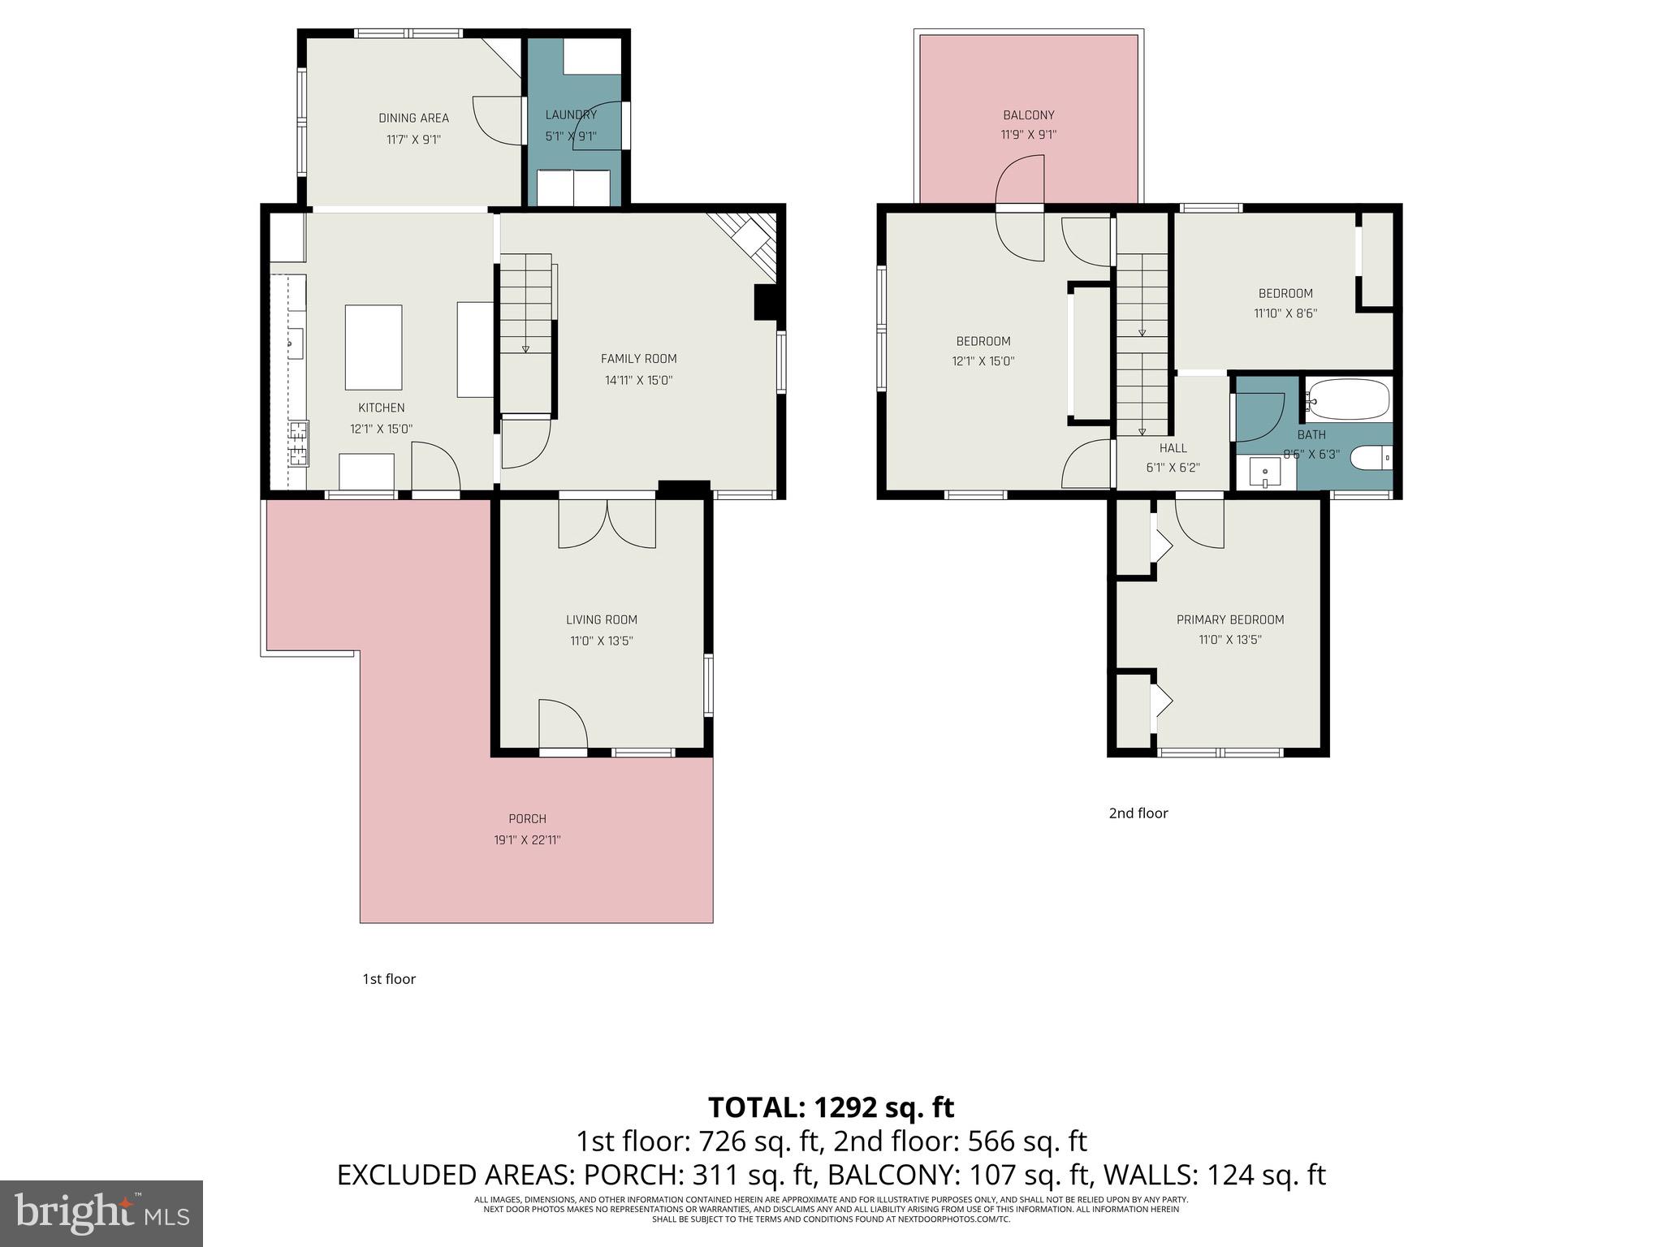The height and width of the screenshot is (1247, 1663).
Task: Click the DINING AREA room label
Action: [413, 119]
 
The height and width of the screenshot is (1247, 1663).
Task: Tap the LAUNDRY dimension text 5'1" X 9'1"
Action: [571, 136]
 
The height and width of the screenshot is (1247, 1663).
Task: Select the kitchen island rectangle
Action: [374, 347]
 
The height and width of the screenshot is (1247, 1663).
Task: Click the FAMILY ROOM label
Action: [638, 359]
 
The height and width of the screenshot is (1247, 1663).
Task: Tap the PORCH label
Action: [527, 819]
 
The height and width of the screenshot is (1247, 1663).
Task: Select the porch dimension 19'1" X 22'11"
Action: [527, 840]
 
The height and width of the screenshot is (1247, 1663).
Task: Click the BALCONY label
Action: [1028, 115]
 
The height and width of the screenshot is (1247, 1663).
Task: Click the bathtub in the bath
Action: [1348, 399]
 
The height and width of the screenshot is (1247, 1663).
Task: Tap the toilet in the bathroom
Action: [1371, 459]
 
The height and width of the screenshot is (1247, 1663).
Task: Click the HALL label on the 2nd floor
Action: [1173, 448]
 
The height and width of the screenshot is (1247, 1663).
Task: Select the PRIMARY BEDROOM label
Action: [1229, 620]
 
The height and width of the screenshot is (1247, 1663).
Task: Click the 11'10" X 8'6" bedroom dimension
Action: [1285, 313]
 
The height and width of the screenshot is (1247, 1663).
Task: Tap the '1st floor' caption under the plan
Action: [389, 979]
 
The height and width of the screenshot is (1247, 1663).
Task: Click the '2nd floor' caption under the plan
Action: [1138, 813]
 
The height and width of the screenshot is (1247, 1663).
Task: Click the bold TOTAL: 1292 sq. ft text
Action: [831, 1107]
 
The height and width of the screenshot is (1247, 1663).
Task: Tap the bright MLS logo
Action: [102, 1213]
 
